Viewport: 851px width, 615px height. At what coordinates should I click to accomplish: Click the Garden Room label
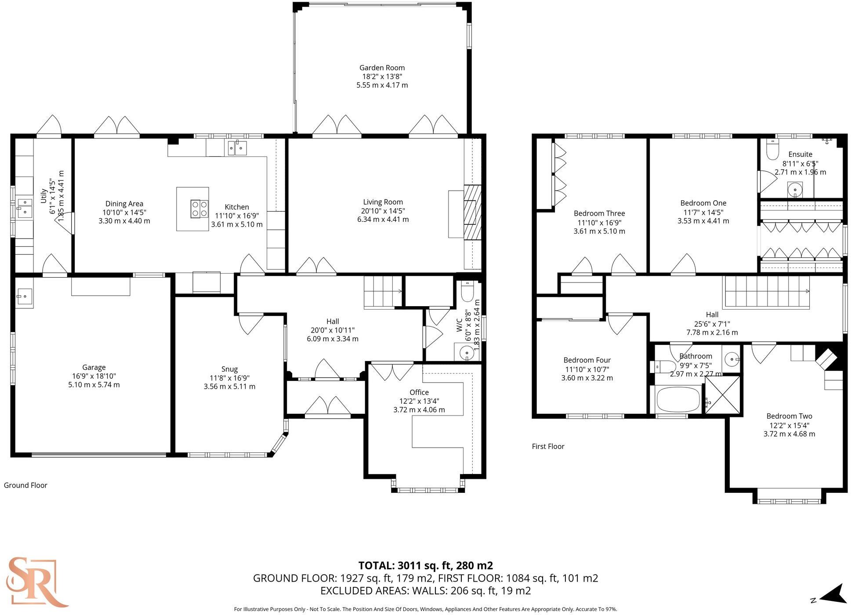point(382,68)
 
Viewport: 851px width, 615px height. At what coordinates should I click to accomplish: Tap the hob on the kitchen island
point(199,209)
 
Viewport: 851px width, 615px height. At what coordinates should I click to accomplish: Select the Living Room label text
point(383,202)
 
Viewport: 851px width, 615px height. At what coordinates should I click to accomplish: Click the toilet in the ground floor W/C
point(467,291)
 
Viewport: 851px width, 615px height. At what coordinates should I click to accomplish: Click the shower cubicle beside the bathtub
point(722,394)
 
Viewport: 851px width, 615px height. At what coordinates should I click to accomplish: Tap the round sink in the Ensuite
point(794,190)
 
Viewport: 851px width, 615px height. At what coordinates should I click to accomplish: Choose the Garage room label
point(94,367)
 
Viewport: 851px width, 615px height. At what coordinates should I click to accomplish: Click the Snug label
point(229,369)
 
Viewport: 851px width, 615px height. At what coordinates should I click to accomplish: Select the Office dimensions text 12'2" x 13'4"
point(419,401)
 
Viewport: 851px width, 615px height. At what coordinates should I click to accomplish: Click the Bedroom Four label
point(587,360)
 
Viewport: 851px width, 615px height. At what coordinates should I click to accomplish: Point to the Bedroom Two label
point(789,416)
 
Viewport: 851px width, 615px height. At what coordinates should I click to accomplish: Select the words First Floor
point(548,446)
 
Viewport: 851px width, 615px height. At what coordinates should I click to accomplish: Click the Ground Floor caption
point(25,485)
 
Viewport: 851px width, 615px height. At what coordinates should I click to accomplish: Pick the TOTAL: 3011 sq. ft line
point(425,565)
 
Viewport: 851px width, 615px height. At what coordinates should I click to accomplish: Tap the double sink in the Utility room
point(25,208)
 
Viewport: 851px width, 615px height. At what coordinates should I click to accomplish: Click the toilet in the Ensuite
point(772,149)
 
